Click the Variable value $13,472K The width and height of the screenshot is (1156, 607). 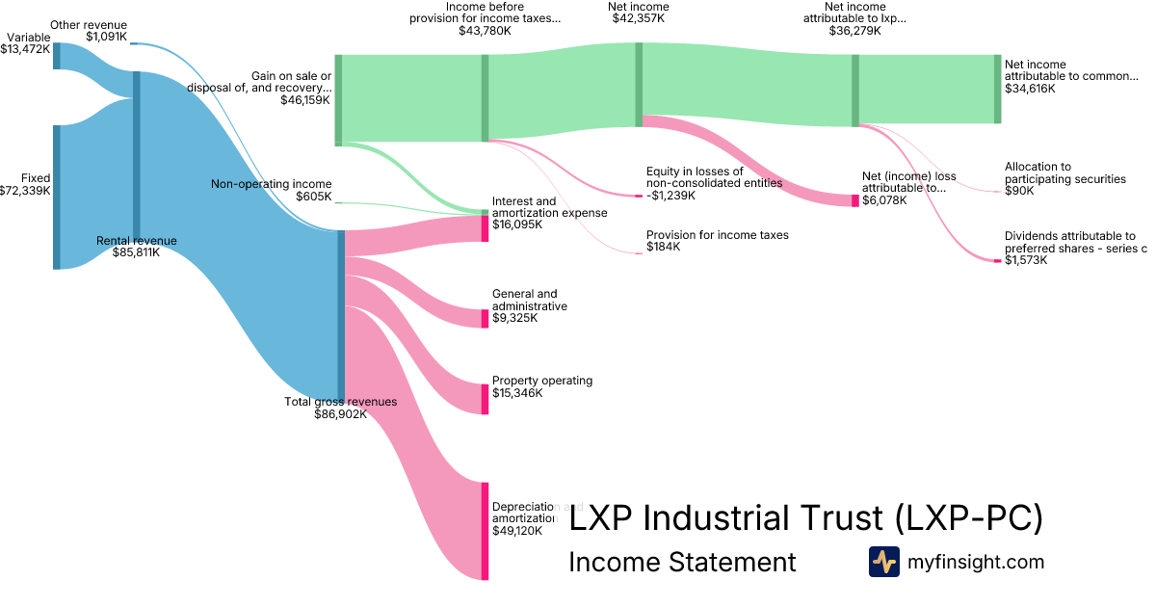(25, 49)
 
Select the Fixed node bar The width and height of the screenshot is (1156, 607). (57, 197)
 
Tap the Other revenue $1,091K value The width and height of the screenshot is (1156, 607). (106, 37)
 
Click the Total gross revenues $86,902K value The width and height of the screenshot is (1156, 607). (340, 414)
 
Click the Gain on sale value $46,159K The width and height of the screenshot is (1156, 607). (305, 99)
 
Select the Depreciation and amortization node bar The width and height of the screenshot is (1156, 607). (486, 531)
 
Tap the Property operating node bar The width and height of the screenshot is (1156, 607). (486, 399)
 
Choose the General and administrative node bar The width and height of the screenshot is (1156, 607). (486, 319)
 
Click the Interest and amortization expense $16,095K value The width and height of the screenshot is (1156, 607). (517, 224)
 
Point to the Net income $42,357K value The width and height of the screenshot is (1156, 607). (639, 19)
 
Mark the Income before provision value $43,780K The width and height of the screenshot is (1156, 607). (485, 31)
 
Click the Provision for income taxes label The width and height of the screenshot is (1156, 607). (717, 235)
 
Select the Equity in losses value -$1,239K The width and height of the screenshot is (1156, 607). (670, 196)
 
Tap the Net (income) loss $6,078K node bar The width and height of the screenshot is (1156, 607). (854, 200)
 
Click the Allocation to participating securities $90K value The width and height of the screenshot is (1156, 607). (1019, 191)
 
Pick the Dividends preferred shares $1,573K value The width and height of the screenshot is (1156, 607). (1026, 260)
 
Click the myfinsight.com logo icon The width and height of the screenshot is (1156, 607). (883, 562)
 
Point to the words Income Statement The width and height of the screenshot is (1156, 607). (682, 563)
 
